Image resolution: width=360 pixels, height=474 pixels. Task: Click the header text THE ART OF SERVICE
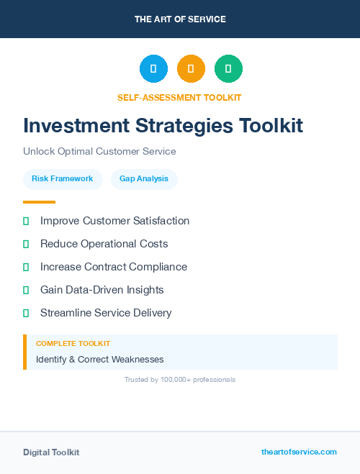tap(180, 19)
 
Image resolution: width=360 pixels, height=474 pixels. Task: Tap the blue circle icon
tap(153, 69)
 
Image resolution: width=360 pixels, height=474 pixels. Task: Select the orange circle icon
tap(191, 69)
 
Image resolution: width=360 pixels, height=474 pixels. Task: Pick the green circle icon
tap(228, 69)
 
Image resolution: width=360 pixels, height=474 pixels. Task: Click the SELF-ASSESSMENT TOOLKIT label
tap(180, 97)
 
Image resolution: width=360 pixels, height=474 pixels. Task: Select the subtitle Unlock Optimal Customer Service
tap(99, 152)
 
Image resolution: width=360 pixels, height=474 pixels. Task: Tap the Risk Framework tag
tap(63, 178)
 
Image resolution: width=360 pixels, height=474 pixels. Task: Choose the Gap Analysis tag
tap(144, 178)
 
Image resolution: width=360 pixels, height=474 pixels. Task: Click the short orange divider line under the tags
tap(39, 202)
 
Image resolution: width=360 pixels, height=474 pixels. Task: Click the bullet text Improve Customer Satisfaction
tap(114, 221)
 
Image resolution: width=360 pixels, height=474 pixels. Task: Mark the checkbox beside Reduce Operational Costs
tap(26, 244)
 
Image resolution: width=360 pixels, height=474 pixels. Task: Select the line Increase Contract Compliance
tap(113, 267)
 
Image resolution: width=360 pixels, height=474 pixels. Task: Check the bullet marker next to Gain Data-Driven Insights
tap(26, 290)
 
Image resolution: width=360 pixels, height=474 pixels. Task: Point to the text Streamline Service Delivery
tap(106, 313)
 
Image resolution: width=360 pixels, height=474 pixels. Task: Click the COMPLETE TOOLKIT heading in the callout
tap(73, 344)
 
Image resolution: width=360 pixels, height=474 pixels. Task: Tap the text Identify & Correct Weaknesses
tap(100, 359)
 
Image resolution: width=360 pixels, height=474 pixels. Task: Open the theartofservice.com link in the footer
tap(299, 452)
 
